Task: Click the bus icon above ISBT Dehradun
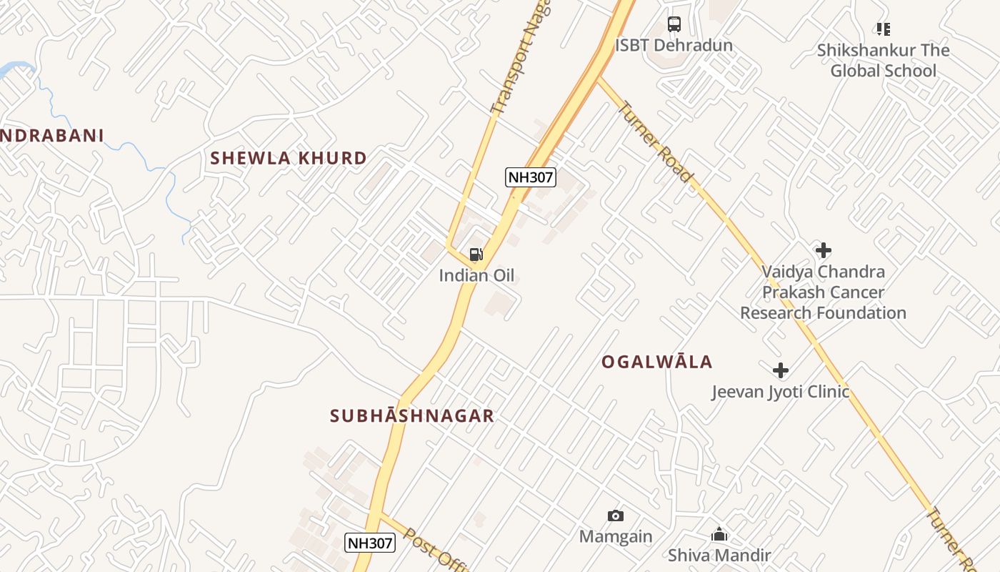coord(674,24)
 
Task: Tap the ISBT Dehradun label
coord(674,46)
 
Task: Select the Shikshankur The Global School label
coord(883,61)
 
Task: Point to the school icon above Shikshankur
coord(884,29)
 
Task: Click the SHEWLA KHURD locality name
coord(289,158)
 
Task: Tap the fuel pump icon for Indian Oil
coord(476,254)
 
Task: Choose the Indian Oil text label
coord(476,276)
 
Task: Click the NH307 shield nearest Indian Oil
coord(530,177)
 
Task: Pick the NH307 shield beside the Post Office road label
coord(370,543)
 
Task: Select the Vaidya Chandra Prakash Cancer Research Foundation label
coord(823,292)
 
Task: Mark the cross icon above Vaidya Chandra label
coord(824,250)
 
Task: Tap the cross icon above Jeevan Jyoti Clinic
coord(781,370)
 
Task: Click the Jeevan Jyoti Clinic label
coord(781,392)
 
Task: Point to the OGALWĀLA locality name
coord(657,362)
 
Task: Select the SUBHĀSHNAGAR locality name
coord(412,416)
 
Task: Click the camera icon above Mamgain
coord(615,516)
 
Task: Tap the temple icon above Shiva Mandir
coord(719,534)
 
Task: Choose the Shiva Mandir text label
coord(719,556)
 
